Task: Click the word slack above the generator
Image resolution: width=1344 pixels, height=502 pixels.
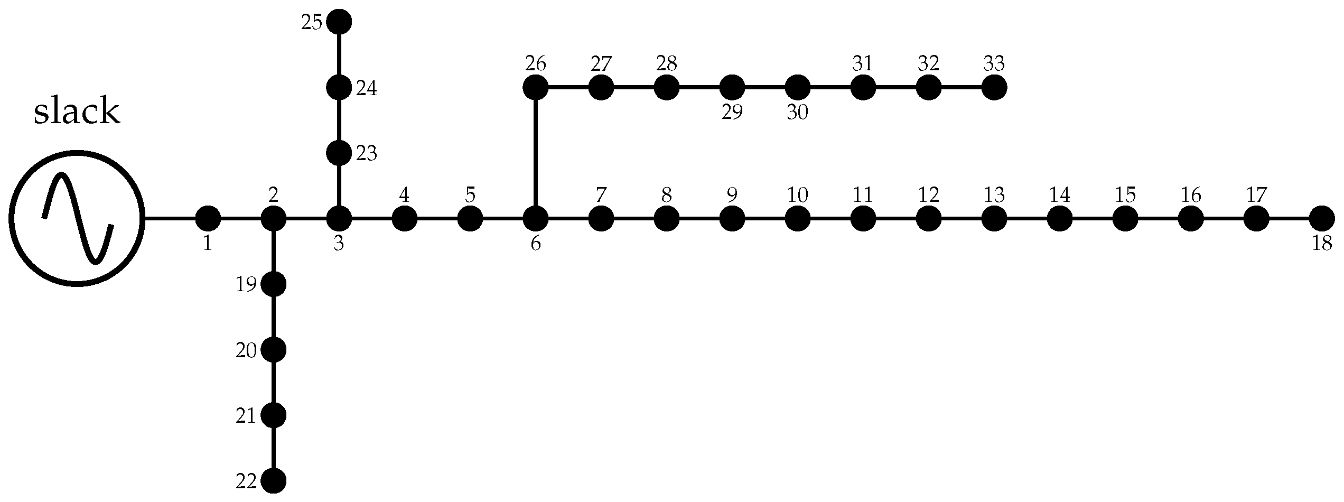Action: pyautogui.click(x=77, y=112)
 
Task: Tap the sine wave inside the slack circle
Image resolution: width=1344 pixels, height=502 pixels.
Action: pyautogui.click(x=78, y=218)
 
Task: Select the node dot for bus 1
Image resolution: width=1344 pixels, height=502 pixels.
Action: pyautogui.click(x=208, y=218)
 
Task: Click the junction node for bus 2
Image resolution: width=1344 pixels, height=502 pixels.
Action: pyautogui.click(x=274, y=218)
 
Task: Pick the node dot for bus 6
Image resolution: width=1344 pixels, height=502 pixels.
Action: pyautogui.click(x=536, y=218)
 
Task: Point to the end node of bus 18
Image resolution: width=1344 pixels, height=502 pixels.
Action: pyautogui.click(x=1322, y=218)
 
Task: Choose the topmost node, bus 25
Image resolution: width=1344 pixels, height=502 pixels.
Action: pyautogui.click(x=339, y=22)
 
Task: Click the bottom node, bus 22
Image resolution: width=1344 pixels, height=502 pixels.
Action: pyautogui.click(x=274, y=480)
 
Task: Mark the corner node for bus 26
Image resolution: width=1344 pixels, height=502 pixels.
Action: pyautogui.click(x=536, y=87)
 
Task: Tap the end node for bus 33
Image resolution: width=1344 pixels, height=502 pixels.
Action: pyautogui.click(x=994, y=87)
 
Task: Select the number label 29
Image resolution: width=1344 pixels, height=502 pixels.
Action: pyautogui.click(x=732, y=113)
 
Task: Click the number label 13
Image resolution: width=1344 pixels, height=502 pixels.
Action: pyautogui.click(x=994, y=196)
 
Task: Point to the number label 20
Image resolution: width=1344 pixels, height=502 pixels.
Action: pyautogui.click(x=246, y=351)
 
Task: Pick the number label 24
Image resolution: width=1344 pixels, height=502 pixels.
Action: pyautogui.click(x=366, y=88)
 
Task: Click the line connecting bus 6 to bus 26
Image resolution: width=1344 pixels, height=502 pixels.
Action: pyautogui.click(x=536, y=153)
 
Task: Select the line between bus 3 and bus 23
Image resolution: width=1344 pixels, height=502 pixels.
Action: pyautogui.click(x=339, y=186)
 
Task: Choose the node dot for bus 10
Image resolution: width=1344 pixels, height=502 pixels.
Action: pyautogui.click(x=798, y=218)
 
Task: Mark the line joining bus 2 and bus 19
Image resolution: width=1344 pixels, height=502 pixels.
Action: pyautogui.click(x=274, y=252)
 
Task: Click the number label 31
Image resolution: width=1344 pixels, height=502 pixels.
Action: pyautogui.click(x=863, y=64)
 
